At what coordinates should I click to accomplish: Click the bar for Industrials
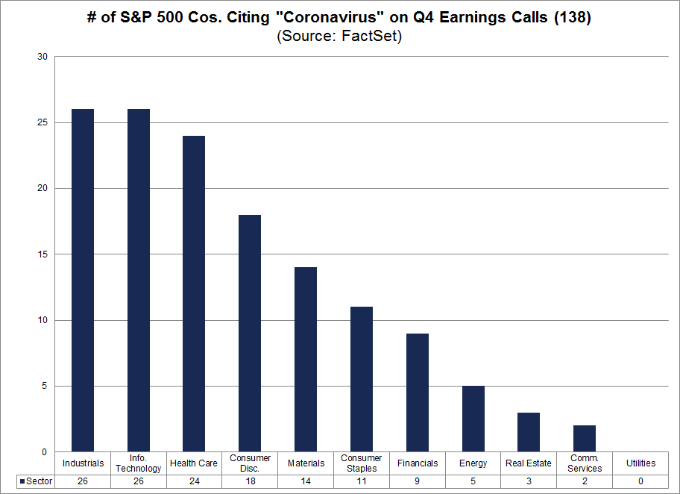(x=83, y=281)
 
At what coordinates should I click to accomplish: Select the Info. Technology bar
(x=139, y=281)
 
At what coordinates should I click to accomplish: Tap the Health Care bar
(x=194, y=294)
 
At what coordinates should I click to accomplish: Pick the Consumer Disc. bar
(x=250, y=334)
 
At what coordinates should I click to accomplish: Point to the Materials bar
(x=306, y=360)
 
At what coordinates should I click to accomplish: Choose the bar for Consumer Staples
(x=362, y=379)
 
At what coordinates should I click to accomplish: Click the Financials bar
(x=418, y=393)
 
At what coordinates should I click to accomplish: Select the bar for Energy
(x=473, y=419)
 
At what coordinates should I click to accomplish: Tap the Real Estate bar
(x=529, y=432)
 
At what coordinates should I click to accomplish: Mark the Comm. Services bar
(x=585, y=439)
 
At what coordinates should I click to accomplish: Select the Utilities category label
(x=640, y=463)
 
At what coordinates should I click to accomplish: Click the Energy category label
(x=473, y=463)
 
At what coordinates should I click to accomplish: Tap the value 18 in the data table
(x=250, y=482)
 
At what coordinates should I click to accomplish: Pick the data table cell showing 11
(x=362, y=482)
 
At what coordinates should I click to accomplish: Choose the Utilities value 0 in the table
(x=640, y=482)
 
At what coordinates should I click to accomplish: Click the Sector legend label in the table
(x=38, y=482)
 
